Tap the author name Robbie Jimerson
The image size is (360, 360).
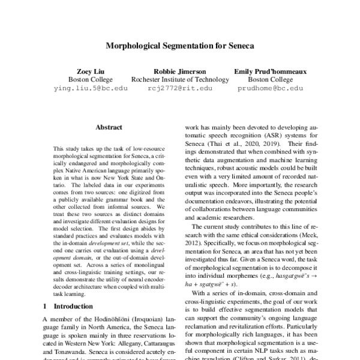coord(179,70)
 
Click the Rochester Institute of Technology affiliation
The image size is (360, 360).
coord(179,79)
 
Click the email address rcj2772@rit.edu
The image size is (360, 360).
coord(179,88)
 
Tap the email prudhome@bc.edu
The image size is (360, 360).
coord(269,88)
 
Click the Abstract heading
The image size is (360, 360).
coord(109,127)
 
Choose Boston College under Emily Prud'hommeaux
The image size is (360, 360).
coord(269,79)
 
